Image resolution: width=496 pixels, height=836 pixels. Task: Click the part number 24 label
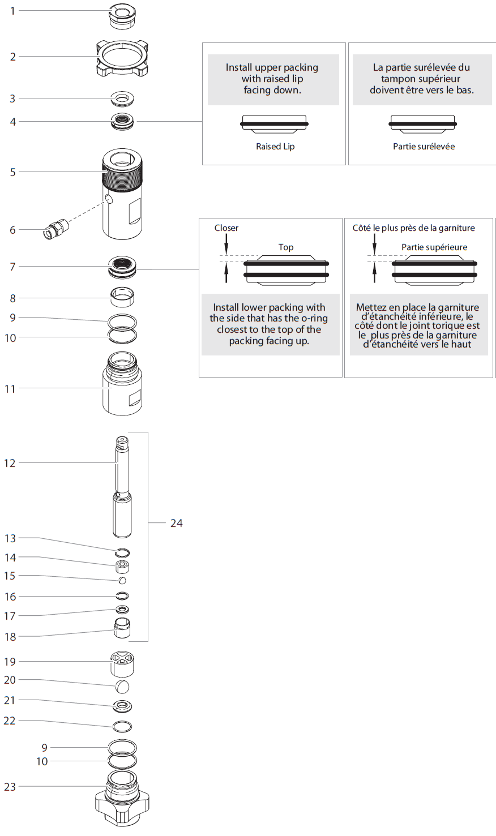(x=177, y=523)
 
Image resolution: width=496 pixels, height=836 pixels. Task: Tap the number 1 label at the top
(x=13, y=11)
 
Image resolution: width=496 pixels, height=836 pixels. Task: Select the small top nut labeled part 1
(x=122, y=15)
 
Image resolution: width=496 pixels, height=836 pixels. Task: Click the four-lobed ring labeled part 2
(x=122, y=57)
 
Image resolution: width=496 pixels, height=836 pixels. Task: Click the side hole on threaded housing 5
(x=109, y=199)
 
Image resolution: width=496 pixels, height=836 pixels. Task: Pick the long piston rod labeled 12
(x=122, y=487)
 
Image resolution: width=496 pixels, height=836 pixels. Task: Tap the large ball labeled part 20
(x=122, y=687)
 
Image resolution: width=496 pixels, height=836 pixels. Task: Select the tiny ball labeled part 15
(x=122, y=581)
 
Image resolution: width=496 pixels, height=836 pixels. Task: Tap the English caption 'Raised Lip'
(x=275, y=147)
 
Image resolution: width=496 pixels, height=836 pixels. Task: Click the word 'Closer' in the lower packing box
(x=226, y=228)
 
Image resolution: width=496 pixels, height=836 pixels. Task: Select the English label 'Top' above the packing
(x=286, y=247)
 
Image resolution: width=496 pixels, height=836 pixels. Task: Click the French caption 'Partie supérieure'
(x=434, y=247)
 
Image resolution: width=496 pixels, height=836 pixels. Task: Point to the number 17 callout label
(x=10, y=616)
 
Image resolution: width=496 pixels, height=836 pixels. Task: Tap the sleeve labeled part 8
(x=122, y=296)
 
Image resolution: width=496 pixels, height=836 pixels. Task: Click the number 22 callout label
(x=10, y=721)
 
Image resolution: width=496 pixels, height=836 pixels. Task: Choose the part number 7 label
(x=13, y=267)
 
